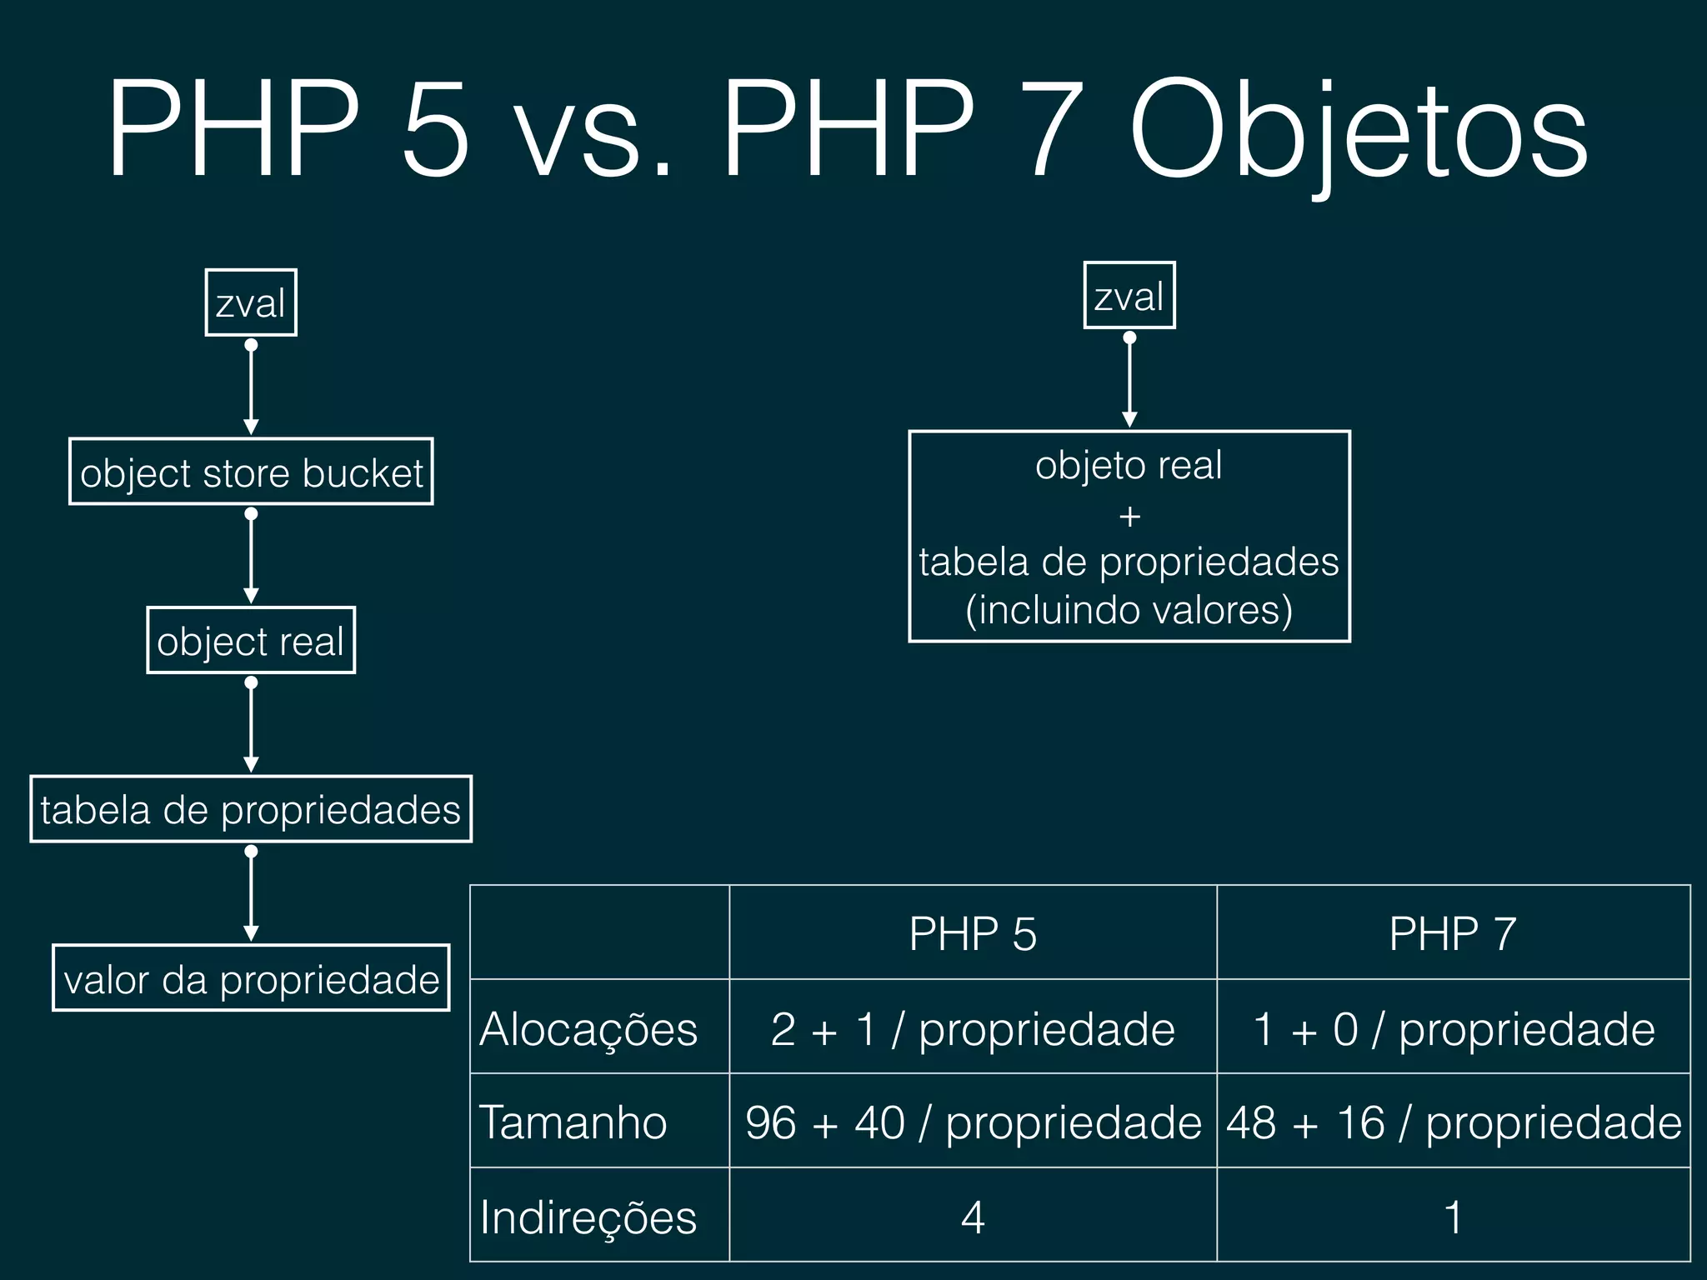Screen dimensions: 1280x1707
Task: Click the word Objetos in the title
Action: click(1358, 133)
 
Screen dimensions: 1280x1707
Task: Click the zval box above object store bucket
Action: click(251, 302)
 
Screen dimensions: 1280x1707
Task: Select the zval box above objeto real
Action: click(1129, 296)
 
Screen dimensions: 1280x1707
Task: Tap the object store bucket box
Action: click(251, 472)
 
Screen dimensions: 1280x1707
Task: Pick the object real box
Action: click(251, 641)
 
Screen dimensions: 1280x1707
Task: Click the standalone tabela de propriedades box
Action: click(251, 809)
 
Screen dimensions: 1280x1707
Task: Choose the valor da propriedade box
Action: click(251, 978)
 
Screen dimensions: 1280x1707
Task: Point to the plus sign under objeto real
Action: click(1129, 517)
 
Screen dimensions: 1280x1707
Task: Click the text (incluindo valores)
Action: click(1129, 610)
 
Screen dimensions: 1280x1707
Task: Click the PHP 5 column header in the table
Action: click(973, 933)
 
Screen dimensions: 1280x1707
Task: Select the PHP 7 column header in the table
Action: click(1453, 933)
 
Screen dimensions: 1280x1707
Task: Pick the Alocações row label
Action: click(588, 1028)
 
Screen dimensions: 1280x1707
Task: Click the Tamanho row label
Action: click(573, 1122)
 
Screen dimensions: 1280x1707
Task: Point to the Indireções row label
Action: click(588, 1217)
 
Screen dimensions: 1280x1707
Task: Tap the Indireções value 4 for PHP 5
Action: click(973, 1217)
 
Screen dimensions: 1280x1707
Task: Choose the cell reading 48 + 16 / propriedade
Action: click(1454, 1122)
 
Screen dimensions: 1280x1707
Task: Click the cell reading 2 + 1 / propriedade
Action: click(973, 1028)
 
